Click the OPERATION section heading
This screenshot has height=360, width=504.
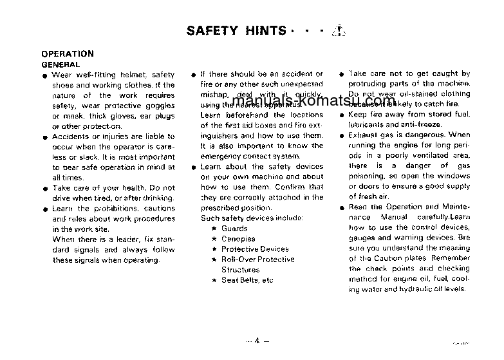click(67, 54)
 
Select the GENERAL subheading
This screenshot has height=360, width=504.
click(61, 64)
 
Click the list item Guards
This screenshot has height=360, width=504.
click(234, 229)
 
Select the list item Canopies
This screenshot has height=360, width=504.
click(238, 239)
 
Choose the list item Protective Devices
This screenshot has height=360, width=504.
click(255, 249)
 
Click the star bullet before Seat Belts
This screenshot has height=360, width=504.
click(214, 280)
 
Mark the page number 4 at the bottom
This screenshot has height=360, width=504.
click(256, 341)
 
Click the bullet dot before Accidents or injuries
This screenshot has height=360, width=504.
click(45, 137)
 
